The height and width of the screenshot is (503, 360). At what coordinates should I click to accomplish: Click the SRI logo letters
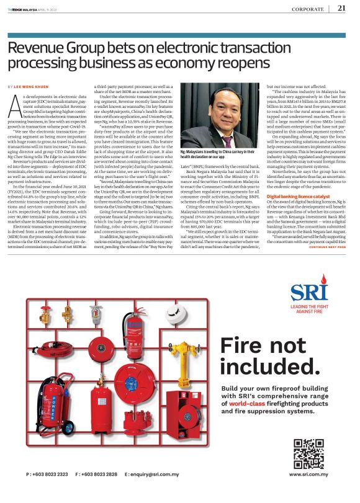[x=307, y=292]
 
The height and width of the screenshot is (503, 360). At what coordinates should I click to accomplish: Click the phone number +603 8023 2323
[x=48, y=491]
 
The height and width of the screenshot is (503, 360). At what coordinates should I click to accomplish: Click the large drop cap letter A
[x=15, y=107]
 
